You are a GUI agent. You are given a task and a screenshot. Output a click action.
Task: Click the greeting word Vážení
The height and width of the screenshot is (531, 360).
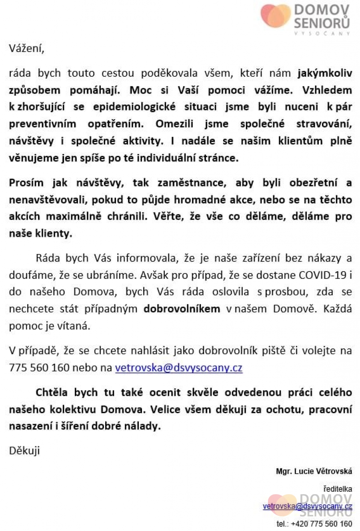26,49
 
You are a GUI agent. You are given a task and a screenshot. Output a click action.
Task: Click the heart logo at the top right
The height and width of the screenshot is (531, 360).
276,16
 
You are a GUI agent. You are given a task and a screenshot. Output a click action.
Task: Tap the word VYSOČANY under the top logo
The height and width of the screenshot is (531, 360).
322,34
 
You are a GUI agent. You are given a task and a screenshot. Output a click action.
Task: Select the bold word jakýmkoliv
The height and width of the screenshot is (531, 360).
325,73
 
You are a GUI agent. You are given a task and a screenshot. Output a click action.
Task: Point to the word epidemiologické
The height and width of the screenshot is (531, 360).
134,107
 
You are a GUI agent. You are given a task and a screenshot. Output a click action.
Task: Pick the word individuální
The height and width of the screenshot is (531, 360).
171,158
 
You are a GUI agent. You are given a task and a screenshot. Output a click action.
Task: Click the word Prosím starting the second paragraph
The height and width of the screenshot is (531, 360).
26,183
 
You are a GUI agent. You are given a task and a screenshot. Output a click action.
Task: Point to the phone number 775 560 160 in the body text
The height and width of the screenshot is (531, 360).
39,367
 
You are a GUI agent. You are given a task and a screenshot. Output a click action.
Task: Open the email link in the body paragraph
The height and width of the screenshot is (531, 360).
178,367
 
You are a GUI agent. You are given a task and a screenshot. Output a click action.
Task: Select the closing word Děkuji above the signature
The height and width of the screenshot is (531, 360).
24,451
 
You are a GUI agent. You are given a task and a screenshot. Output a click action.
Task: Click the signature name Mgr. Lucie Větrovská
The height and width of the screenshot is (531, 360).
314,471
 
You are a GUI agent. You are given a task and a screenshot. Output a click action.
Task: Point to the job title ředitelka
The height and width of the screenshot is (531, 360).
338,489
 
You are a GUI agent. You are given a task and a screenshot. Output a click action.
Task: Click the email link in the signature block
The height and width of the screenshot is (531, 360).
307,506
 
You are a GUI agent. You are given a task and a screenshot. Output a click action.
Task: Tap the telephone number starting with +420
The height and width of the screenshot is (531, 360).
322,523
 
